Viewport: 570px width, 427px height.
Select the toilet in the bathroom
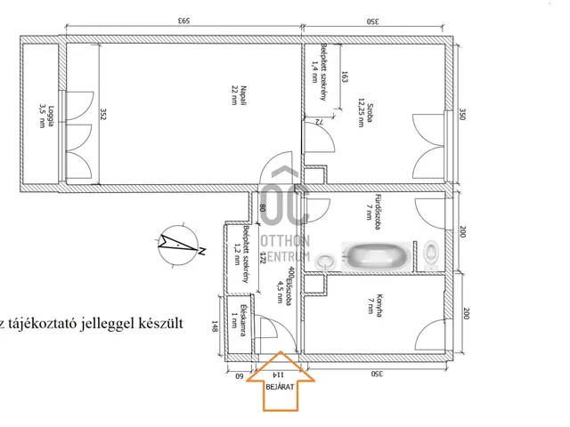(433, 255)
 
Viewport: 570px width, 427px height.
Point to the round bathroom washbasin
(328, 261)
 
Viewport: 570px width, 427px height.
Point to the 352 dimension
(103, 113)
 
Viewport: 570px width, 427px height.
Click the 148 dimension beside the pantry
(215, 326)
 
